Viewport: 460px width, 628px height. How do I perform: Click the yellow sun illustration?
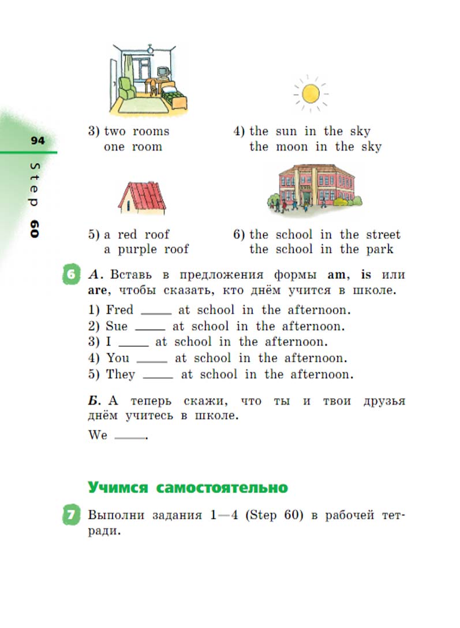[310, 92]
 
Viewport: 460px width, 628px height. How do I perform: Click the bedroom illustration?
[148, 80]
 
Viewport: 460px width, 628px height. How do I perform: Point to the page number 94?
[38, 141]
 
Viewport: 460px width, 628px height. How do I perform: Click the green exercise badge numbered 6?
[70, 275]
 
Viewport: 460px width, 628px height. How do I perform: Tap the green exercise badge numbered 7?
[70, 515]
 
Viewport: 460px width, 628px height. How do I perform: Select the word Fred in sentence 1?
[119, 310]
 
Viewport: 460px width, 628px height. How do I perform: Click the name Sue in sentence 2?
[117, 326]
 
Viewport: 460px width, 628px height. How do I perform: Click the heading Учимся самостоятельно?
[188, 488]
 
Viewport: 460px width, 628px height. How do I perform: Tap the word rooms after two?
[151, 131]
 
